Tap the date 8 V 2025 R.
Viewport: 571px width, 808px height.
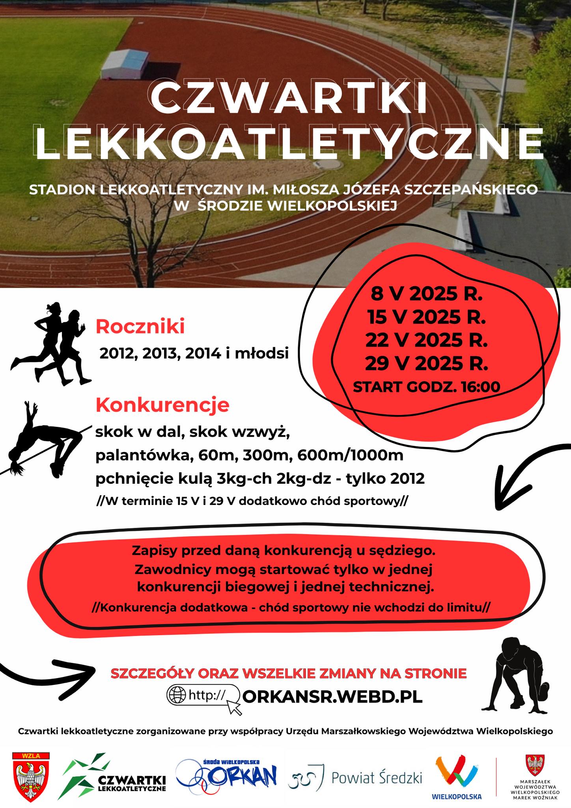click(427, 294)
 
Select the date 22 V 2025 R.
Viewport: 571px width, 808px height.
click(427, 340)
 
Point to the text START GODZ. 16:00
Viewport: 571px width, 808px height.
click(427, 387)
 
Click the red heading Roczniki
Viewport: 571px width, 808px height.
click(140, 327)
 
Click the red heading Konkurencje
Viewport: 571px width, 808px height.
click(162, 405)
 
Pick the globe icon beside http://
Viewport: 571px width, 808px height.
click(176, 695)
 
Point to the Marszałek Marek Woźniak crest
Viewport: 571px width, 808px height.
click(535, 766)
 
